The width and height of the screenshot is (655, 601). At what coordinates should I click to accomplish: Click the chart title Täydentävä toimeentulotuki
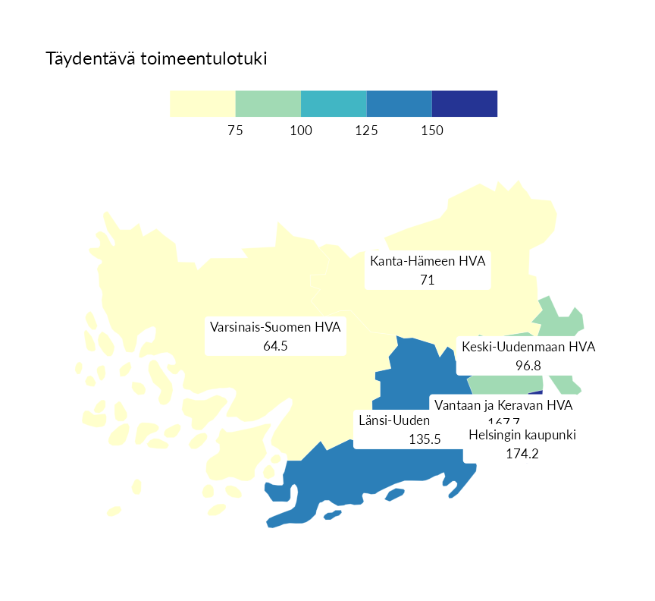point(156,58)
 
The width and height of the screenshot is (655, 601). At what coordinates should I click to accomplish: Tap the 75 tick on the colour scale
point(235,131)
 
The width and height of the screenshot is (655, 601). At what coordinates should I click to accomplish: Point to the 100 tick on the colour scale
point(301,131)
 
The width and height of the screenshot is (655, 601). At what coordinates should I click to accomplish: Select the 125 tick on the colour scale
point(366,131)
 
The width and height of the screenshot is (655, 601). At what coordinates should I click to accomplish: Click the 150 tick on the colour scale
point(431,131)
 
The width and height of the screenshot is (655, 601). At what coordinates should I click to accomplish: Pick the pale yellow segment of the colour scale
point(202,103)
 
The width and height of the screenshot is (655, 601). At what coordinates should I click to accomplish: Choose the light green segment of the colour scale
point(268,103)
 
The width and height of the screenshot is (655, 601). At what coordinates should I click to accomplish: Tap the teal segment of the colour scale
point(334,103)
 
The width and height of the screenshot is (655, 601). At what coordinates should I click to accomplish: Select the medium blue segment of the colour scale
point(399,103)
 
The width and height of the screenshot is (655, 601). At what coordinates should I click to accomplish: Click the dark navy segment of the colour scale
point(464,103)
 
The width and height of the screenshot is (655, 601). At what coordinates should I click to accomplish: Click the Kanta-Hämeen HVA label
point(428,262)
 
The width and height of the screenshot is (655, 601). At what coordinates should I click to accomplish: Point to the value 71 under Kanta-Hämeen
point(427,279)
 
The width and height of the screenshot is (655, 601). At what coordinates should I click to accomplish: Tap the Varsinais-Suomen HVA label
point(275,328)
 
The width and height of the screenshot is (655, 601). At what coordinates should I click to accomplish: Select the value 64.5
point(275,346)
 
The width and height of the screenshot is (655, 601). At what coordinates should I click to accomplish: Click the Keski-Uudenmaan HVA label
point(528,348)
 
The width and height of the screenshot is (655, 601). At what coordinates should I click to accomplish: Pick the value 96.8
point(528,365)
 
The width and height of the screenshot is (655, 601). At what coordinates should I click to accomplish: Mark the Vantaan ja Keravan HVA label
point(503,405)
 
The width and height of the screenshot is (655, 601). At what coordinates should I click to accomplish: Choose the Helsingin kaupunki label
point(522,436)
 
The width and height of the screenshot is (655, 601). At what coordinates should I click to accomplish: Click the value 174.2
point(522,454)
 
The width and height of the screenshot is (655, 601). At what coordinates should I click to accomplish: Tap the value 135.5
point(425,439)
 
